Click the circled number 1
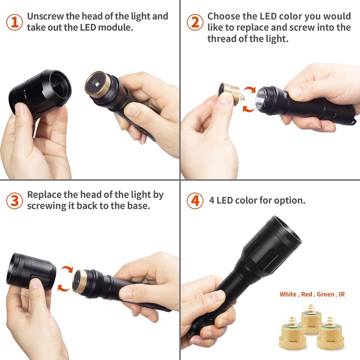(14, 22)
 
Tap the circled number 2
(195, 22)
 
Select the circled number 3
(14, 201)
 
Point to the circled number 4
(195, 201)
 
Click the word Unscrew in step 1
(45, 16)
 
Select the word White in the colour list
(288, 294)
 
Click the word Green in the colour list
(325, 294)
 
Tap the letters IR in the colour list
(342, 294)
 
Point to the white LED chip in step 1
(98, 85)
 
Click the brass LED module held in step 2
(229, 93)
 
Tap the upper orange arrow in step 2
(250, 91)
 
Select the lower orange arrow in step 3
(63, 288)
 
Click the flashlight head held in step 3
(31, 271)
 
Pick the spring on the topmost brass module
(311, 308)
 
